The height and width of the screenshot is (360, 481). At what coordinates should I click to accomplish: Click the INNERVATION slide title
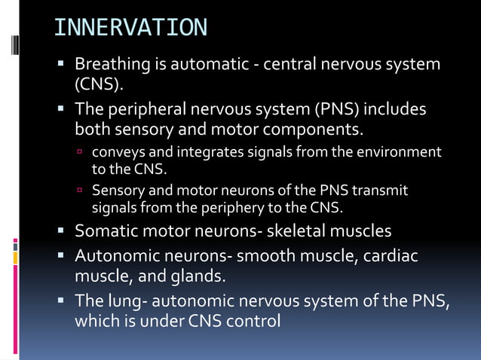pos(130,28)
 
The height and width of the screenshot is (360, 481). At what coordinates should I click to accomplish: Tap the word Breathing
pos(110,64)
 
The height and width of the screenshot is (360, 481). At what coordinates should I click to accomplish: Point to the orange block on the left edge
pos(14,258)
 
